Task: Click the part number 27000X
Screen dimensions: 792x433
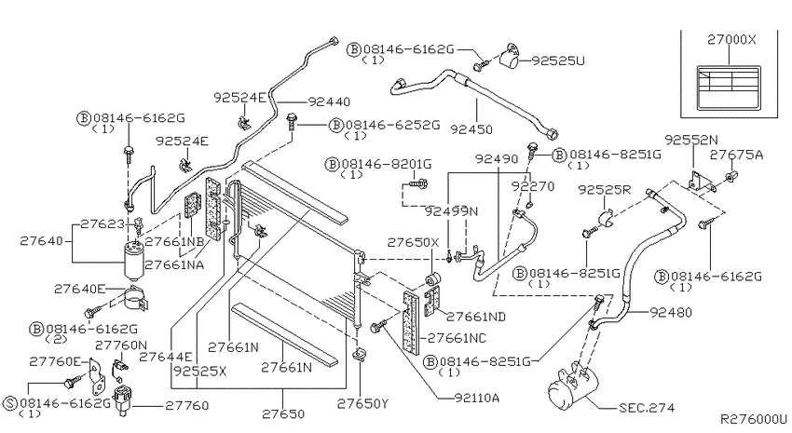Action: pos(731,40)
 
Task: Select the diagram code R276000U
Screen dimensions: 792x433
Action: pos(754,419)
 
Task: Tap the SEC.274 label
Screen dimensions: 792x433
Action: pos(647,407)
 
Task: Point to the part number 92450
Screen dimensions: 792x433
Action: pos(471,129)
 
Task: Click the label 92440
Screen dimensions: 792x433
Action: pos(329,101)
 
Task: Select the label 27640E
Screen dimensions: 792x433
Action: pos(80,289)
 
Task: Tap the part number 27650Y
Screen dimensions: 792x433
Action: pos(362,404)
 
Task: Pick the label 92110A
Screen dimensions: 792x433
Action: pos(477,398)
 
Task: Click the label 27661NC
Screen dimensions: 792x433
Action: pos(457,338)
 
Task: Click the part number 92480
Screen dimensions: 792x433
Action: pos(671,312)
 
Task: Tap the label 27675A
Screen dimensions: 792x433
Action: pos(736,155)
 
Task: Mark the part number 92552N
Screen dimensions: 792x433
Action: pos(691,140)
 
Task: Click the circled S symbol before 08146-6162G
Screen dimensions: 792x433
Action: pos(10,403)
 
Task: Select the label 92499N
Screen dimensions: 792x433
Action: pos(451,211)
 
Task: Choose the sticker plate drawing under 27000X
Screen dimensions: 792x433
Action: pos(729,88)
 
